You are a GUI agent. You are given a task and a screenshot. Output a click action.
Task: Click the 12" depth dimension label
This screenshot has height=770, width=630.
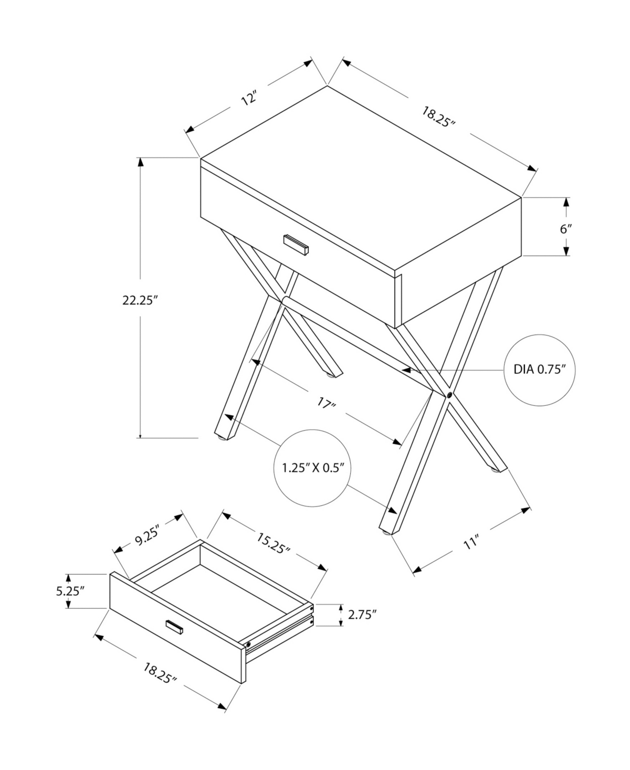[250, 99]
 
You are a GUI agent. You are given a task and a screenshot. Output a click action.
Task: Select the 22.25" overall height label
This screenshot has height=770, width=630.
[140, 300]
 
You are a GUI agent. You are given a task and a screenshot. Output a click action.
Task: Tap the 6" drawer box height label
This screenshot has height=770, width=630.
[565, 229]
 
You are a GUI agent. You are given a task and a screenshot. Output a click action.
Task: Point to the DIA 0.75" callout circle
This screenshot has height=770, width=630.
[540, 370]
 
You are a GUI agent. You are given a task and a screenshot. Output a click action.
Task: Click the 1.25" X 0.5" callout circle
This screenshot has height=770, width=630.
[312, 468]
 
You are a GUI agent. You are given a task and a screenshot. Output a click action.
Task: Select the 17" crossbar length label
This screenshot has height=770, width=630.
[326, 404]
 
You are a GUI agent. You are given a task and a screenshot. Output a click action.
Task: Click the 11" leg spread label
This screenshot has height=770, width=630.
[471, 543]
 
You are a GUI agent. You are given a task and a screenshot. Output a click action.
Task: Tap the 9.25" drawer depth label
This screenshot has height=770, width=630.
[148, 537]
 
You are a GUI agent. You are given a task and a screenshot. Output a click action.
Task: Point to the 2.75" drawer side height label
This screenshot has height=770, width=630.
[363, 615]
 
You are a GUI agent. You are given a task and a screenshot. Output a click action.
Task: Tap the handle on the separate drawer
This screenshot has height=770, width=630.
[174, 627]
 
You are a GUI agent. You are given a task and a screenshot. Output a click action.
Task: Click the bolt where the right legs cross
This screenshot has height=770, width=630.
[450, 395]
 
